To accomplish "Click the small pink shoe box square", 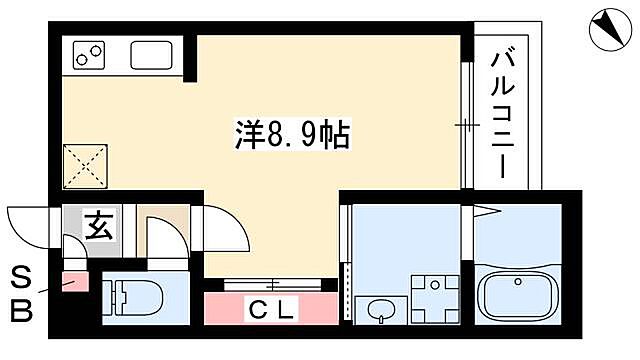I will pyautogui.click(x=75, y=282).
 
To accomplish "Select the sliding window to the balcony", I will pyautogui.click(x=467, y=124).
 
